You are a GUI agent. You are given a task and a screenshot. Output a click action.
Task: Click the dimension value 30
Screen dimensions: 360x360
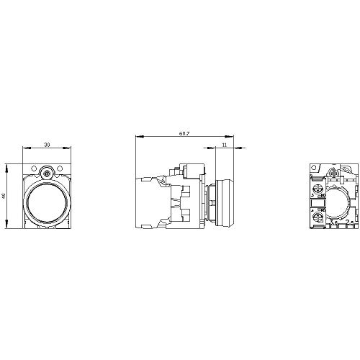(x=48, y=145)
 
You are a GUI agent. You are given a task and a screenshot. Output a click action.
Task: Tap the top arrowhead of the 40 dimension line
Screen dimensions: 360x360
(x=8, y=168)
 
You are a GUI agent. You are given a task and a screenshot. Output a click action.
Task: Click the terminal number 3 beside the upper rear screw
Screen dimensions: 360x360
(x=311, y=194)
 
